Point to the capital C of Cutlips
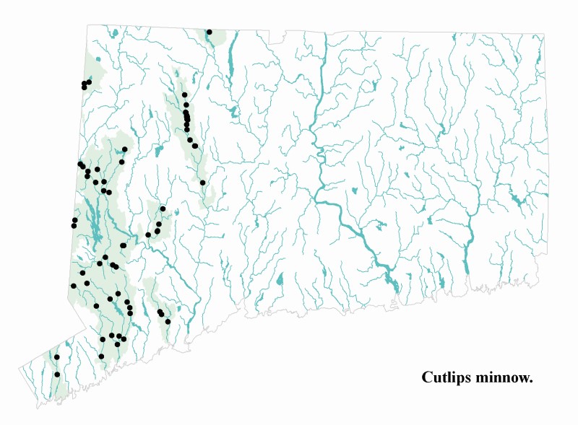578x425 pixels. click(427, 377)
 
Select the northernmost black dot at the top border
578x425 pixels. click(209, 32)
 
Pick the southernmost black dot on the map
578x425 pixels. click(57, 374)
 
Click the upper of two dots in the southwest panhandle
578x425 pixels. click(56, 356)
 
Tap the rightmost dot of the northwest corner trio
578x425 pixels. click(89, 82)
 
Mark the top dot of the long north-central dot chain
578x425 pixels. click(184, 95)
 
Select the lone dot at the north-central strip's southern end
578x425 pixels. click(203, 183)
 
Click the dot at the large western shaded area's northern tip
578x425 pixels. click(124, 149)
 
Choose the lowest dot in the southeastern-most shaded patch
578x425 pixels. click(168, 321)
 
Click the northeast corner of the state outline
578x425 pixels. click(544, 34)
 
